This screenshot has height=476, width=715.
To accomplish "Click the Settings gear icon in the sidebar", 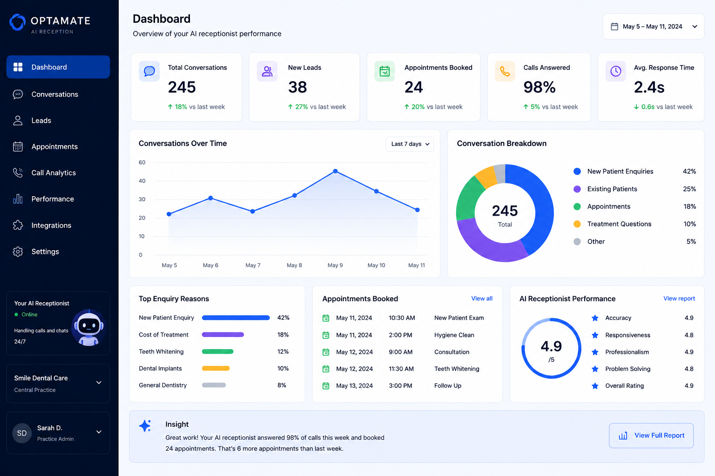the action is (18, 251).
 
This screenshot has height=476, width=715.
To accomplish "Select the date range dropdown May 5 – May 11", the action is (654, 26).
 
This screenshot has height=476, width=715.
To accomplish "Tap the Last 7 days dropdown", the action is (410, 144).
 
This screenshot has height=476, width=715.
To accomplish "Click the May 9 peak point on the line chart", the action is (335, 171).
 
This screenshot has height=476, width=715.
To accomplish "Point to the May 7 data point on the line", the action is (252, 212).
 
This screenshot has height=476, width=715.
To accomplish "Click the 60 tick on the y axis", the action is (142, 162).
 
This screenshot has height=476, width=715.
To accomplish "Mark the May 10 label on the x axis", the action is (376, 265).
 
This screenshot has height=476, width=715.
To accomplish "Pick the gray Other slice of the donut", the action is (500, 174).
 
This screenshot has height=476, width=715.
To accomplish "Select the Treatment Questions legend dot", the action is (577, 224).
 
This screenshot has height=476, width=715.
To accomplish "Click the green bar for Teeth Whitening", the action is (218, 352).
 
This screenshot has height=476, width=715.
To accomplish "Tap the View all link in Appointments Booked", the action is (482, 298).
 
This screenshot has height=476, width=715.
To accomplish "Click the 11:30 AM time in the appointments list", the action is (401, 369).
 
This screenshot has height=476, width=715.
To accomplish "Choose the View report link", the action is (679, 298).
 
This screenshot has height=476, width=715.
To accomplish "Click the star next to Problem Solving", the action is (595, 369).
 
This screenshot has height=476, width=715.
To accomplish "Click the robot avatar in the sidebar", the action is (88, 328).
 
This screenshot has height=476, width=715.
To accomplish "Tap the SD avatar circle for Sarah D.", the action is (22, 433).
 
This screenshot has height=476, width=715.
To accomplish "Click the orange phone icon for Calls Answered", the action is (505, 71).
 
